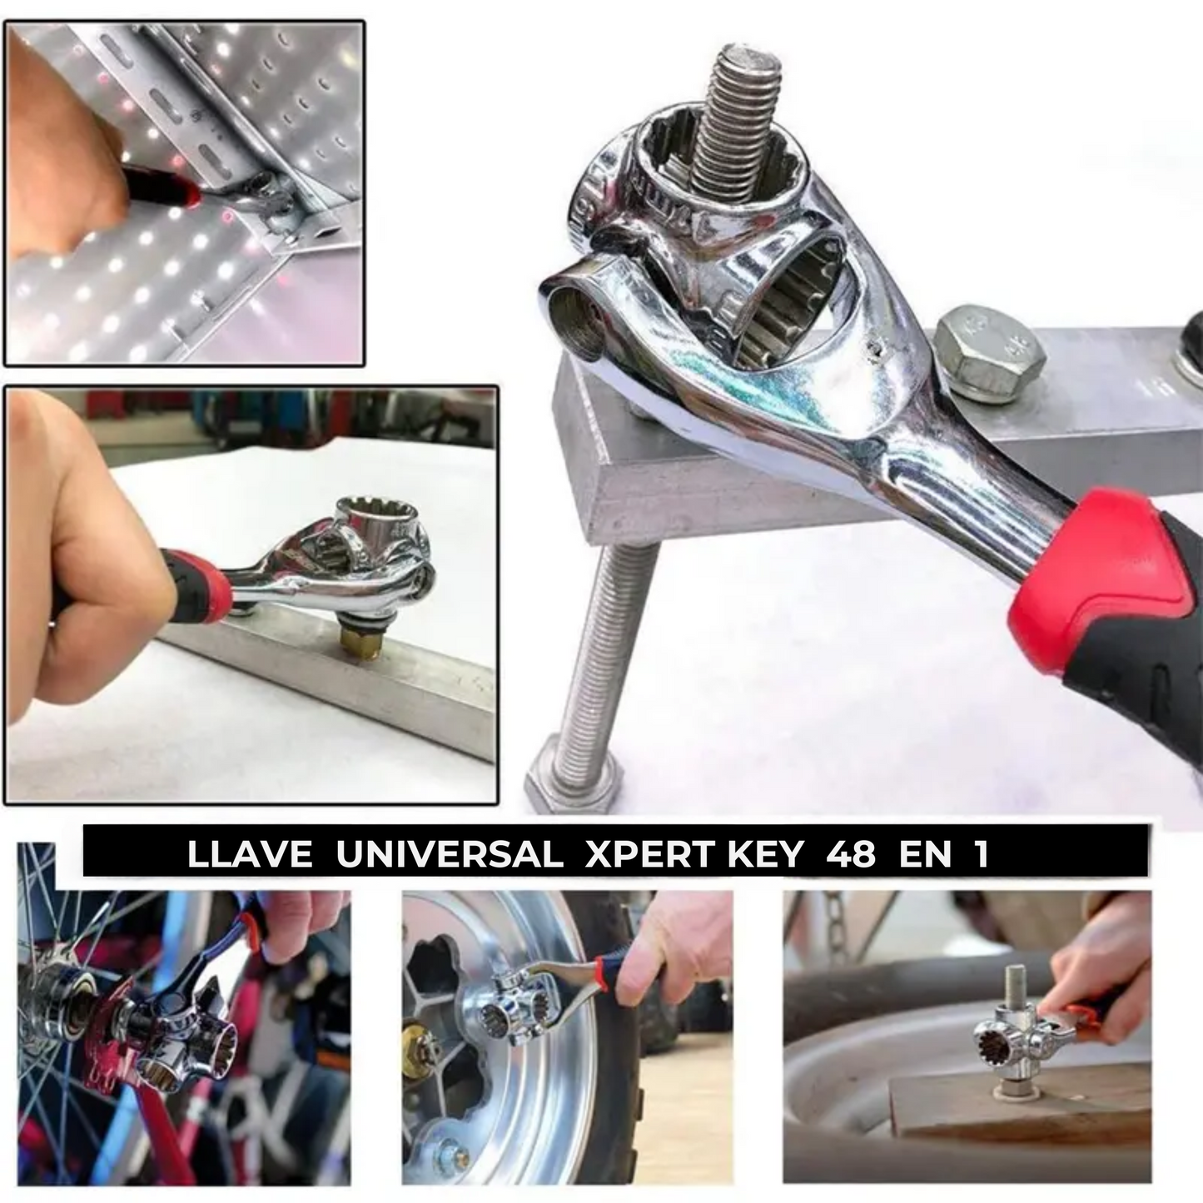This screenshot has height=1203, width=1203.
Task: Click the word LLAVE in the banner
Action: (x=250, y=855)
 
